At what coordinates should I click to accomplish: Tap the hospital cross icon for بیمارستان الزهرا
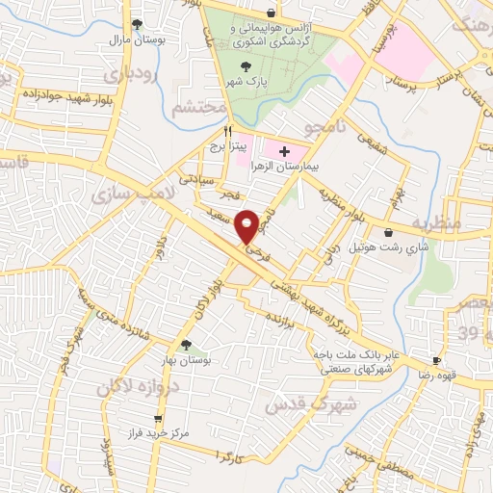pyautogui.click(x=283, y=150)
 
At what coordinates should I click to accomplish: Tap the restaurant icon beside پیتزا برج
pyautogui.click(x=228, y=131)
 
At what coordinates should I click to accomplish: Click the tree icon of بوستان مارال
pyautogui.click(x=137, y=24)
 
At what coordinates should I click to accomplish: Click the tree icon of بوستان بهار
pyautogui.click(x=186, y=343)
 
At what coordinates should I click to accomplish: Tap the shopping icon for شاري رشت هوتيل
pyautogui.click(x=388, y=232)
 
